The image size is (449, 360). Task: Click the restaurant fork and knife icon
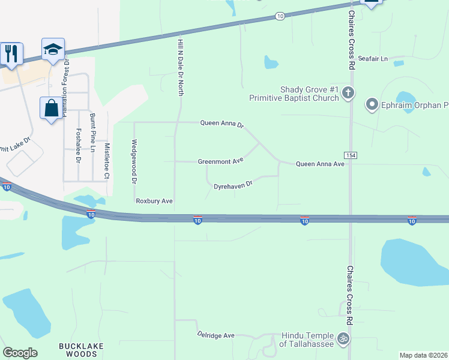(x=11, y=53)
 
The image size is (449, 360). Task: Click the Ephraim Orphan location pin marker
(x=372, y=105)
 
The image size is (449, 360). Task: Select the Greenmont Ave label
(x=221, y=161)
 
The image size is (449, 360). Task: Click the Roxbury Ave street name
(x=154, y=201)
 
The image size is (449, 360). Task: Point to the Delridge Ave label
(x=216, y=335)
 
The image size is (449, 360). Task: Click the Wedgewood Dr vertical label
(x=134, y=161)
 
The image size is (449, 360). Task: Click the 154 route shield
(x=351, y=155)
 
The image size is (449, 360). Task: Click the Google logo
(x=20, y=353)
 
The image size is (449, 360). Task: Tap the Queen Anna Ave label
(x=320, y=164)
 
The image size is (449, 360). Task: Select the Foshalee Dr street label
(x=79, y=145)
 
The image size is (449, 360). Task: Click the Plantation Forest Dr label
(x=67, y=84)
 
